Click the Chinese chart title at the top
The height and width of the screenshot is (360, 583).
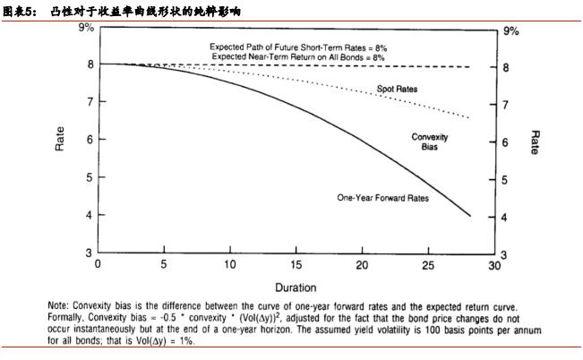pos(125,11)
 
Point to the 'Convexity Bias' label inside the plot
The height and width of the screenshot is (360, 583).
pos(430,141)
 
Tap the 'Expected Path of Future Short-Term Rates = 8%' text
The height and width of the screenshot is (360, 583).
pos(298,46)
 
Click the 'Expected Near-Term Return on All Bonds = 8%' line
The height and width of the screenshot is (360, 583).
pos(298,56)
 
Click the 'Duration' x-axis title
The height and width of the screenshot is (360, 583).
pos(296,287)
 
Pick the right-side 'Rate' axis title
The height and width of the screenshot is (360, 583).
pos(535,141)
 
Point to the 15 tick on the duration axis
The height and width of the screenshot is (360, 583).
pos(296,265)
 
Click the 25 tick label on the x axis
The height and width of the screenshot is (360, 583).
pos(428,265)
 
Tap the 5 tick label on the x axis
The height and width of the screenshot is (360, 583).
pos(164,265)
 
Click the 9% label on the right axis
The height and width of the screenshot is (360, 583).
pos(510,30)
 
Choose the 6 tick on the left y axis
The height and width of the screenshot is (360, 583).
pos(89,140)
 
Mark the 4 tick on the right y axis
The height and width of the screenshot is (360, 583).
pos(506,218)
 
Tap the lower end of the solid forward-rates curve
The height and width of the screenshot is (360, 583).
pos(469,215)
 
